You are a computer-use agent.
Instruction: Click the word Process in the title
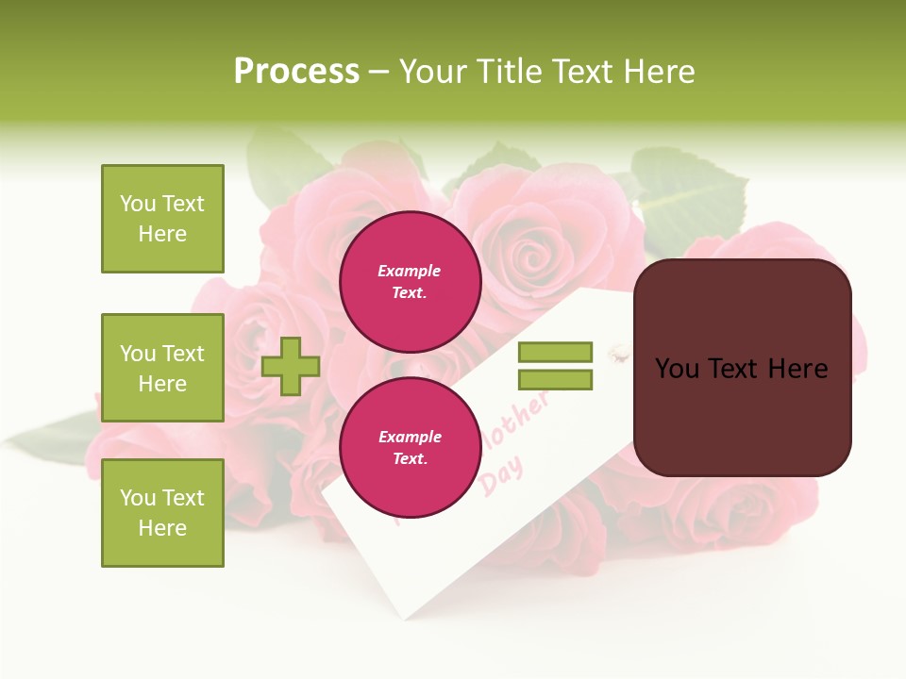click(296, 72)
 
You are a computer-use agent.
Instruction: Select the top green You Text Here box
click(162, 219)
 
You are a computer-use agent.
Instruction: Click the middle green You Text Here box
click(162, 368)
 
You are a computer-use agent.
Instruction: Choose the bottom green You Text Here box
click(162, 513)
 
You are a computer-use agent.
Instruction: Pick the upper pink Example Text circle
click(410, 282)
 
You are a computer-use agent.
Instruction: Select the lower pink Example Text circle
click(410, 448)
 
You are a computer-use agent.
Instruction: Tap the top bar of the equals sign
click(555, 353)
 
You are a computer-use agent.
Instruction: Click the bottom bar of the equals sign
click(555, 380)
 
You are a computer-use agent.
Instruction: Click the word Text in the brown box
click(741, 369)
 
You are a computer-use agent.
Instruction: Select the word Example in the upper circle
click(410, 271)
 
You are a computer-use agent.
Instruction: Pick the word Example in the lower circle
click(410, 437)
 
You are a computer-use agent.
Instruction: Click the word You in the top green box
click(138, 204)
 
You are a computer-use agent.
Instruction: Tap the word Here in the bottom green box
click(162, 528)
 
